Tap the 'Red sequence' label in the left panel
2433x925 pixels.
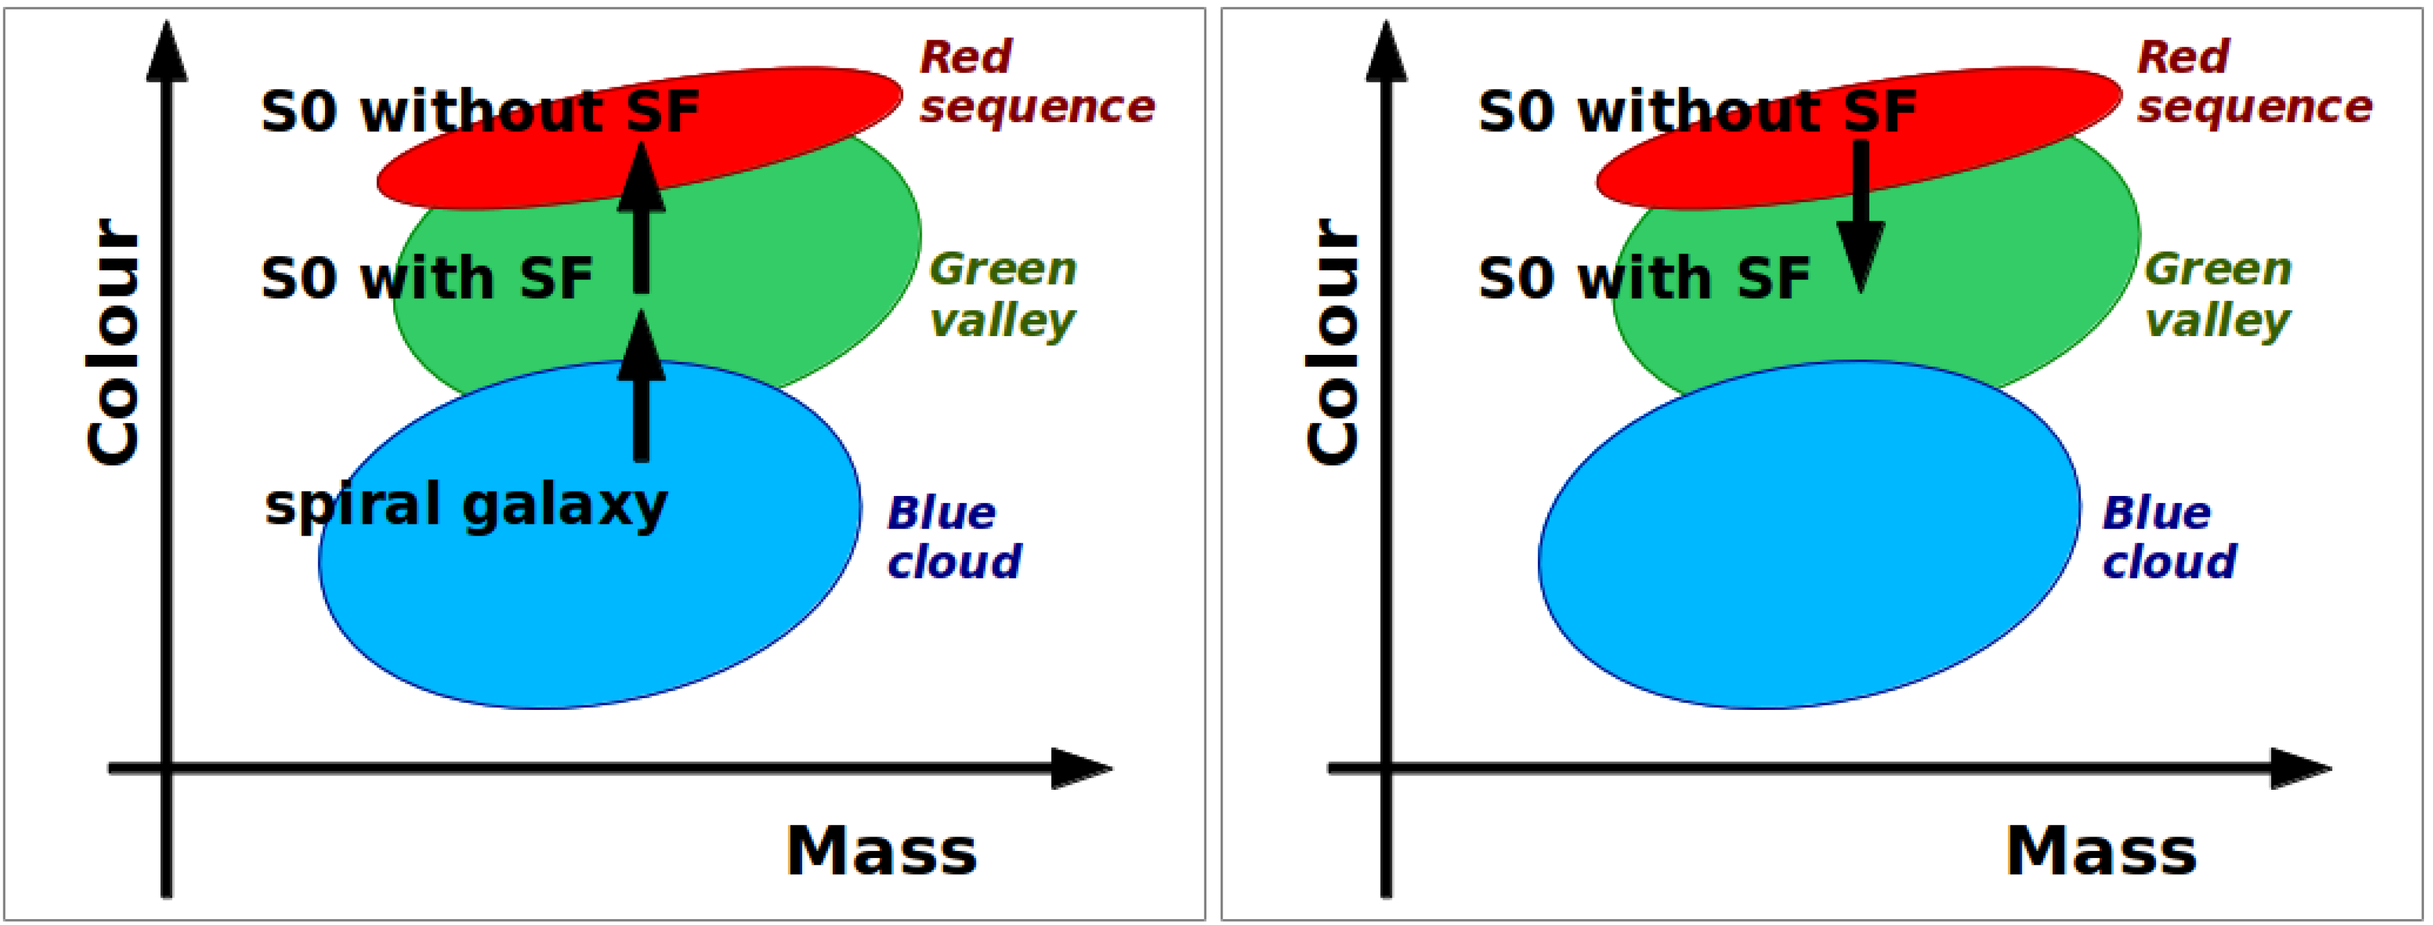point(1036,82)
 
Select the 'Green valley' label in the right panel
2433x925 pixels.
point(2218,294)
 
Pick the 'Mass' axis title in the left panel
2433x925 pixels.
point(881,852)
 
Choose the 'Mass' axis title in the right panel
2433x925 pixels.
point(2101,852)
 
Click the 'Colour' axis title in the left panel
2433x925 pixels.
point(113,342)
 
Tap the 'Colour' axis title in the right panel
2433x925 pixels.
point(1332,342)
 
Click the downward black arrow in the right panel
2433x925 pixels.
point(1860,217)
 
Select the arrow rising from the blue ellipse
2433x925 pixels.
point(642,387)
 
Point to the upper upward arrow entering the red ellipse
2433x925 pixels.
point(642,217)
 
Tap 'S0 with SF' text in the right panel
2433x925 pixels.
point(1643,279)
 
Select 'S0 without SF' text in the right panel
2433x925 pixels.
point(1697,112)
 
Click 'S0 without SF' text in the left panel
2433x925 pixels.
point(480,112)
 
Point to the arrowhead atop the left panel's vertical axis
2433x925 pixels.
point(167,52)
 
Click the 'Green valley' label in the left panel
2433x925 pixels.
point(1002,294)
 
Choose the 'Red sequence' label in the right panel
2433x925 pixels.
point(2254,82)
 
